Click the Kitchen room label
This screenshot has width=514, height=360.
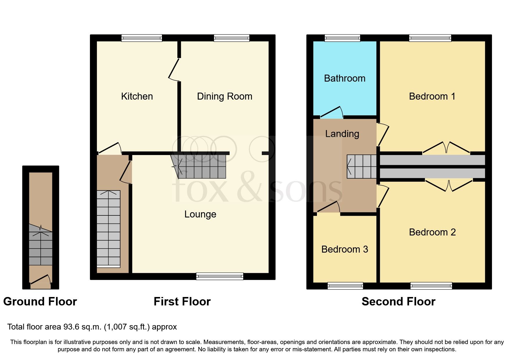click(x=137, y=96)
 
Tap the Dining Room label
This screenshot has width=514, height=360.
click(x=224, y=96)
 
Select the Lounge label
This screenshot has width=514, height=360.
click(x=200, y=214)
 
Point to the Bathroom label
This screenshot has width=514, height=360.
click(x=345, y=78)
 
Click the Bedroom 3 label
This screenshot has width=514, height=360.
click(x=345, y=249)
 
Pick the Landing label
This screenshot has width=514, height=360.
click(x=342, y=134)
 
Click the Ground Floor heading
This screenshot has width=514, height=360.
click(x=40, y=302)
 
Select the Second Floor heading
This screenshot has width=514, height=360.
click(x=398, y=302)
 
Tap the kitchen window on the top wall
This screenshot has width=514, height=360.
click(x=142, y=38)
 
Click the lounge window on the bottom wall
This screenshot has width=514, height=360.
click(x=220, y=276)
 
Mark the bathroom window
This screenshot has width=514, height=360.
click(x=342, y=38)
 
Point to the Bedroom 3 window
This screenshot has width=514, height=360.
click(x=345, y=286)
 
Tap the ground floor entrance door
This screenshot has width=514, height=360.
click(x=40, y=279)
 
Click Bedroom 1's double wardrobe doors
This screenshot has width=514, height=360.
click(x=446, y=147)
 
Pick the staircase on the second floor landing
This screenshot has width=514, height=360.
click(x=362, y=166)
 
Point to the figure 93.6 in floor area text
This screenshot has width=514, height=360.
click(x=71, y=327)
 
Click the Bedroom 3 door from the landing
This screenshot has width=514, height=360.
click(x=328, y=208)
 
